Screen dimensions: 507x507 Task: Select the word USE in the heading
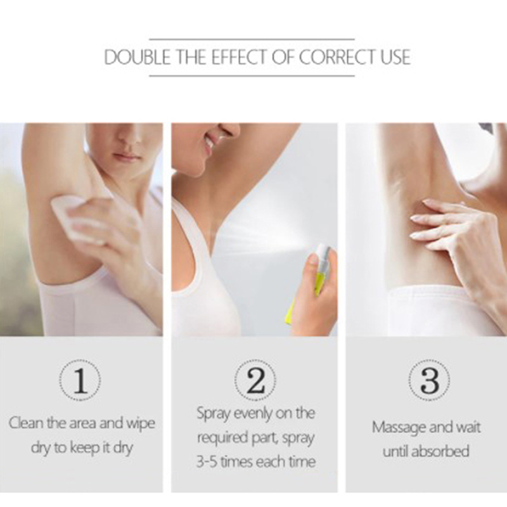tap(395, 57)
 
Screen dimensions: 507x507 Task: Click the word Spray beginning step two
tap(214, 414)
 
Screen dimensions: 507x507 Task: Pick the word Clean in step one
tap(25, 423)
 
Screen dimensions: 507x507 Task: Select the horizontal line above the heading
tap(252, 39)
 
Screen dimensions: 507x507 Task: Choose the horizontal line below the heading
tap(252, 76)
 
